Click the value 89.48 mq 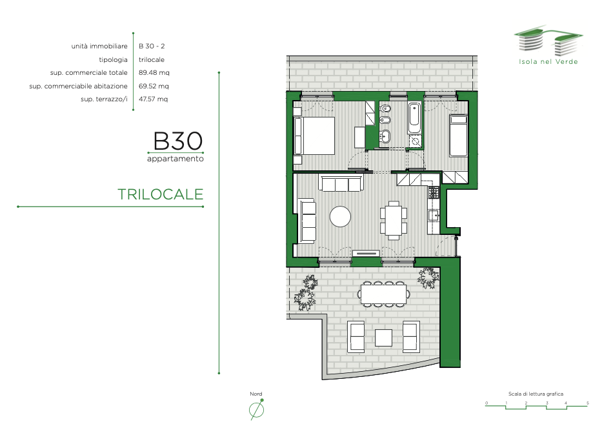tap(154, 73)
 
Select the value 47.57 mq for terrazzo tap(154, 99)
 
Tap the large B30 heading tap(178, 141)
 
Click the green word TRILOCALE tap(160, 194)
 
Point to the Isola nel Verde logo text tap(548, 61)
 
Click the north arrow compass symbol tap(256, 410)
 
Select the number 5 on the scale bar tap(588, 403)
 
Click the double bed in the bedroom tap(314, 136)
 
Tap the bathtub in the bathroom tap(414, 117)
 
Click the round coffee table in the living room tap(340, 216)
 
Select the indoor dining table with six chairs tap(394, 220)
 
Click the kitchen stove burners tap(434, 192)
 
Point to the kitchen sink tap(434, 216)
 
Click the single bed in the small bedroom tap(459, 136)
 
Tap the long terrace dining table tap(383, 294)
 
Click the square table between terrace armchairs tap(383, 338)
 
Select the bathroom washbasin tap(385, 137)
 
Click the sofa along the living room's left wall tap(308, 221)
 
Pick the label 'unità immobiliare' tap(99, 46)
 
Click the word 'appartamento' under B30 tap(176, 159)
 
